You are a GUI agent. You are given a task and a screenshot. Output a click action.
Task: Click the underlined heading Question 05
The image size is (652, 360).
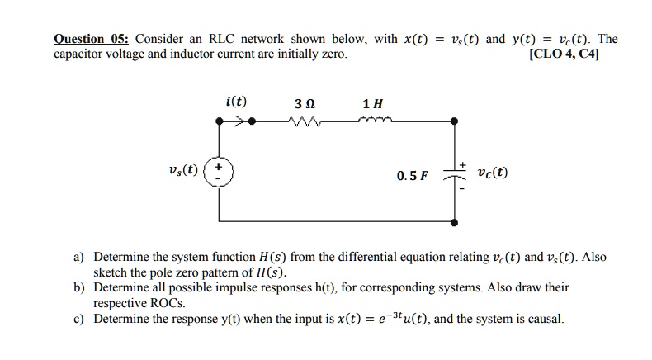[x=91, y=39]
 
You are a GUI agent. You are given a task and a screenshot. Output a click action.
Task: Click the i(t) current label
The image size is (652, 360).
[x=235, y=102]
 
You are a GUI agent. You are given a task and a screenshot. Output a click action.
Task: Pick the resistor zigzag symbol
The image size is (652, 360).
[x=304, y=123]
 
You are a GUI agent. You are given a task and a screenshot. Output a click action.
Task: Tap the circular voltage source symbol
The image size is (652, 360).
[x=219, y=173]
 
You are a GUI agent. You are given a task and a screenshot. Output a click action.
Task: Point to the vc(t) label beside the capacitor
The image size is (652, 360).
[x=493, y=173]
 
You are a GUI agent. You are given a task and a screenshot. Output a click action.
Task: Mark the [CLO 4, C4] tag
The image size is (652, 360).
[x=567, y=54]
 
